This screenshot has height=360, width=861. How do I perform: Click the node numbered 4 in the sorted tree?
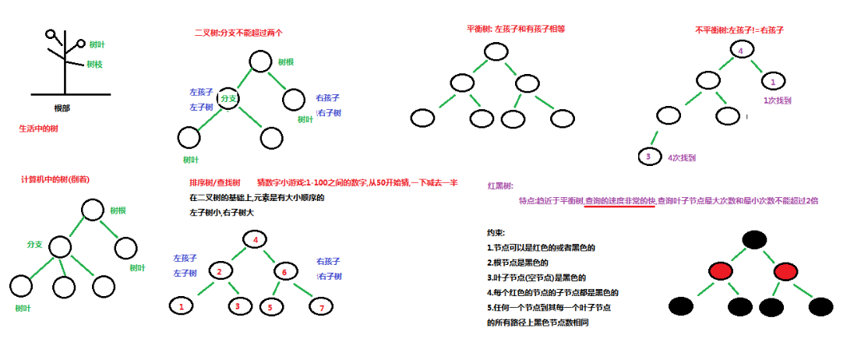coord(256,239)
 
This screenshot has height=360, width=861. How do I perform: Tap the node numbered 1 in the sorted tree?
coord(182,306)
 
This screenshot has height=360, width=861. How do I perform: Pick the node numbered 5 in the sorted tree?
coord(270,306)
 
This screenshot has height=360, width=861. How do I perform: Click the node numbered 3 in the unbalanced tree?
coord(648,157)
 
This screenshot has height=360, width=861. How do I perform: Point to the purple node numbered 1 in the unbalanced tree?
coord(771,80)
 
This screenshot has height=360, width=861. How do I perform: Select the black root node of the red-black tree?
coord(753,239)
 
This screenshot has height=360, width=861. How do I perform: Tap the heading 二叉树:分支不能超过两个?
coord(238,33)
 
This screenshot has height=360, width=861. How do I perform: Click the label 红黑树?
coord(500,186)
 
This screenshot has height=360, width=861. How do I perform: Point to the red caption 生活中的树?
coord(38,129)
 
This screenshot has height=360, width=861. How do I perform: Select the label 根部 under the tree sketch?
coord(62,108)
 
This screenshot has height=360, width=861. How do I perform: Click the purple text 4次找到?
coord(682,158)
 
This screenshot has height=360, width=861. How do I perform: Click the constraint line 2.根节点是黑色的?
coord(517,263)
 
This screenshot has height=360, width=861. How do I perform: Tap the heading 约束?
coord(496,233)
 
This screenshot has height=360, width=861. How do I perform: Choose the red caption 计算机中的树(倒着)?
coord(55,179)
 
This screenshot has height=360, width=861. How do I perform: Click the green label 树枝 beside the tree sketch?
coord(94,64)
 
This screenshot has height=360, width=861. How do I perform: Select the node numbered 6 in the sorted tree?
coord(284,271)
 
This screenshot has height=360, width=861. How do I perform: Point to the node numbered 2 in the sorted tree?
coord(221,271)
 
